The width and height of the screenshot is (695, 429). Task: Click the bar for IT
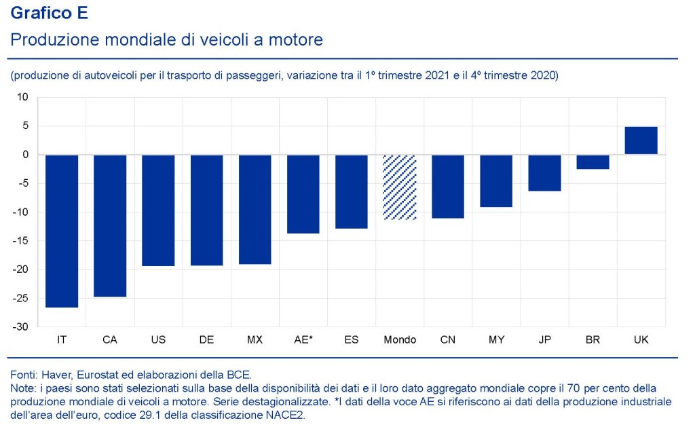(62, 231)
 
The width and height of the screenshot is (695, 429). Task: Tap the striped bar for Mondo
(400, 187)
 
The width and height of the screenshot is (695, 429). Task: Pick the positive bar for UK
(641, 141)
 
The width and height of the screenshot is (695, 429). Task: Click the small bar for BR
(593, 162)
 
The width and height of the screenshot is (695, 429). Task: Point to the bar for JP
(544, 172)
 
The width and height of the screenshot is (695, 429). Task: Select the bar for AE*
(303, 194)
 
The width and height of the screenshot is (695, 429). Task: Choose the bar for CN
(448, 186)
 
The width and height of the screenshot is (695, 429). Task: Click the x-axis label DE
(206, 339)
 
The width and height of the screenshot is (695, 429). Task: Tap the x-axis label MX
(255, 339)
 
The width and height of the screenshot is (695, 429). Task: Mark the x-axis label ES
(352, 339)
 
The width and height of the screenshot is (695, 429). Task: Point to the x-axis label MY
(496, 339)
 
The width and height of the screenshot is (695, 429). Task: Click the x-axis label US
(158, 339)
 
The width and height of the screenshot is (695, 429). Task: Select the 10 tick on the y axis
(22, 97)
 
